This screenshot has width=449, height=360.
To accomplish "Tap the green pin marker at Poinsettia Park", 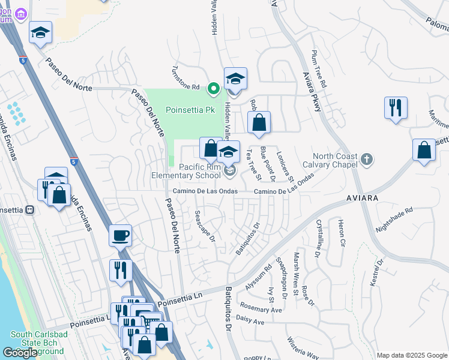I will coord(212,89).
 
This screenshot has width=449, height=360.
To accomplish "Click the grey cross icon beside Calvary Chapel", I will coord(367,160).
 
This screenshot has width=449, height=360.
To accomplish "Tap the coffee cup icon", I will coord(121,235).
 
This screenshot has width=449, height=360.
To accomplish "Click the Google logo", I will coord(20,352).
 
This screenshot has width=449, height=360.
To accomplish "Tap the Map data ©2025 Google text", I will coord(412,355).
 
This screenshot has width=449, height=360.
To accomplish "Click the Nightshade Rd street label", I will coord(394,220).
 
